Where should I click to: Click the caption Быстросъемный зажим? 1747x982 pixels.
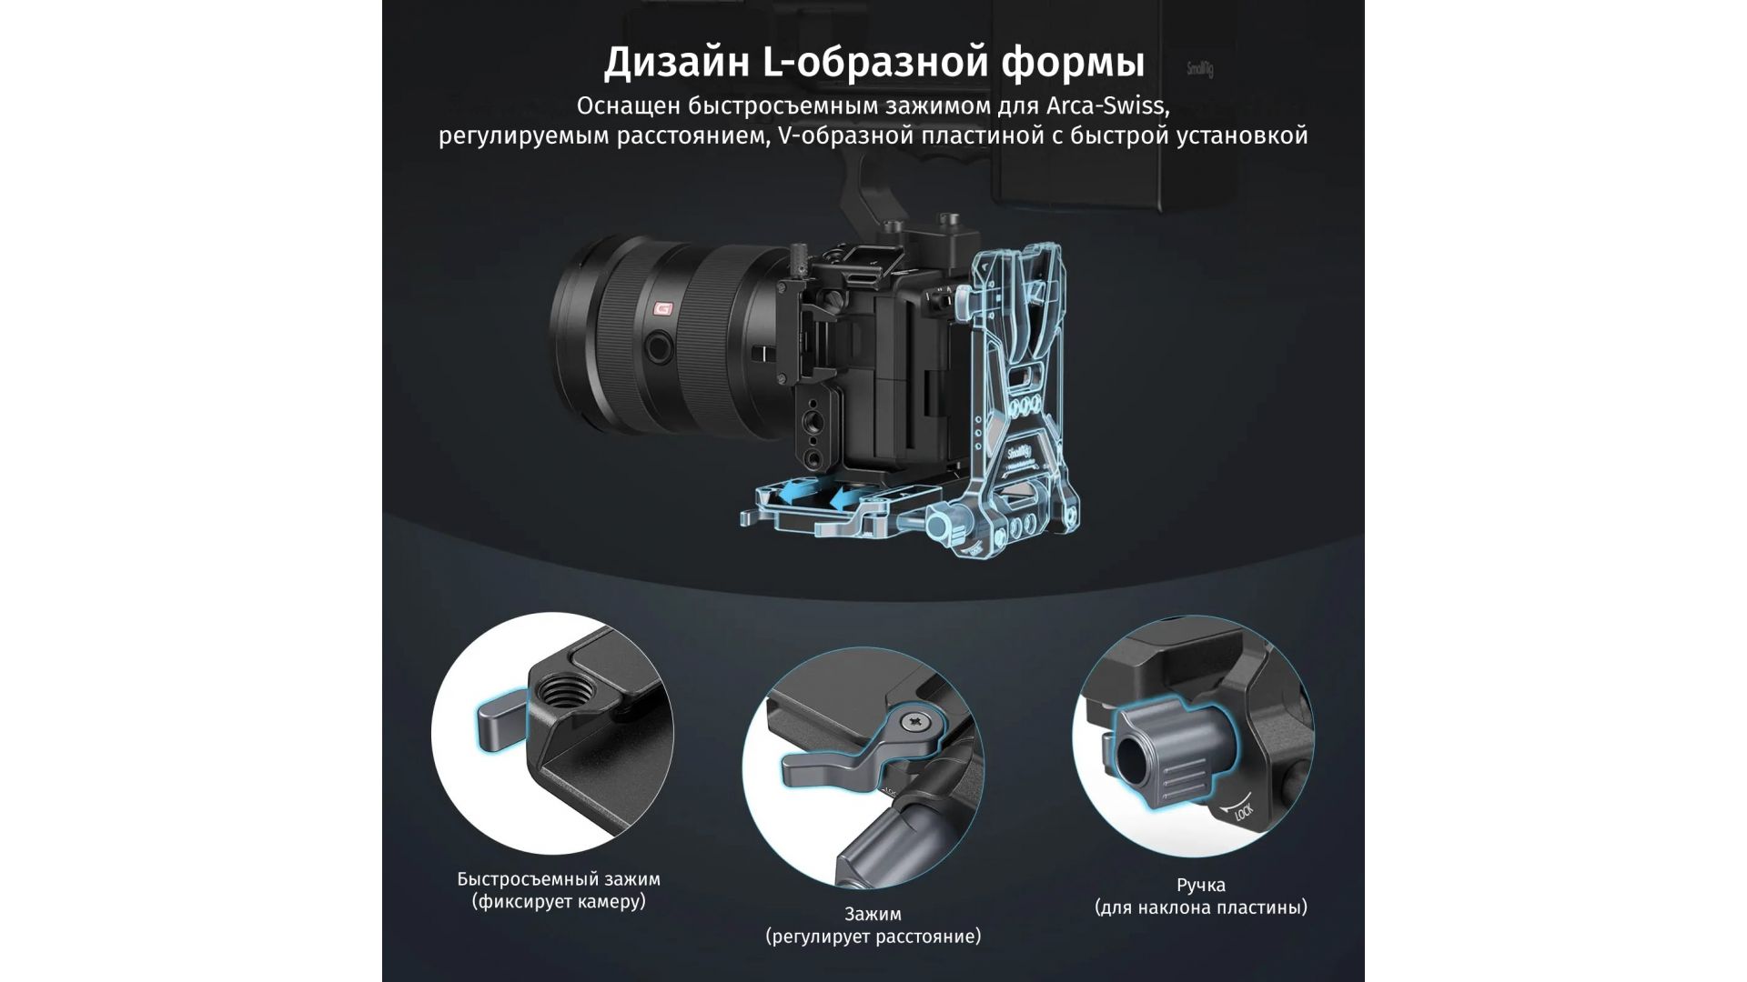click(x=559, y=879)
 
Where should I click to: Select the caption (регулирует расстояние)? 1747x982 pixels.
click(x=873, y=937)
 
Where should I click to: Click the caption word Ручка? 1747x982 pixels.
click(x=1201, y=885)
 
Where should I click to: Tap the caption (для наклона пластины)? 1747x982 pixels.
click(x=1201, y=907)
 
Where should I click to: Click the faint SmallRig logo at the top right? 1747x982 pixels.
click(x=1200, y=69)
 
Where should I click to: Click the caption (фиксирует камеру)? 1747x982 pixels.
click(x=559, y=902)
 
